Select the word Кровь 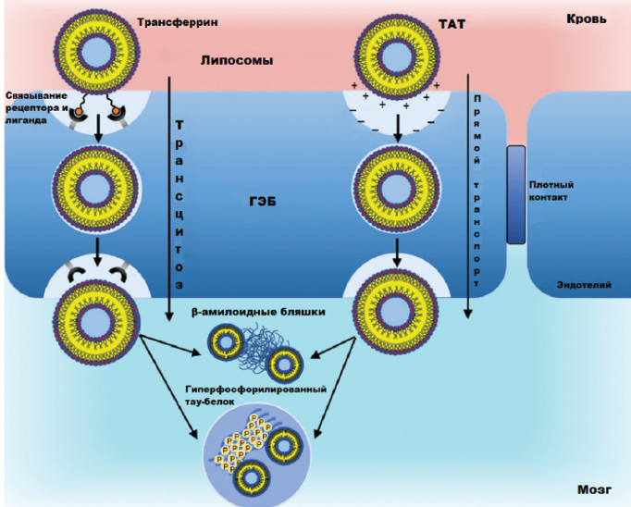pyautogui.click(x=586, y=19)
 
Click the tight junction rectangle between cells pyautogui.click(x=515, y=194)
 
